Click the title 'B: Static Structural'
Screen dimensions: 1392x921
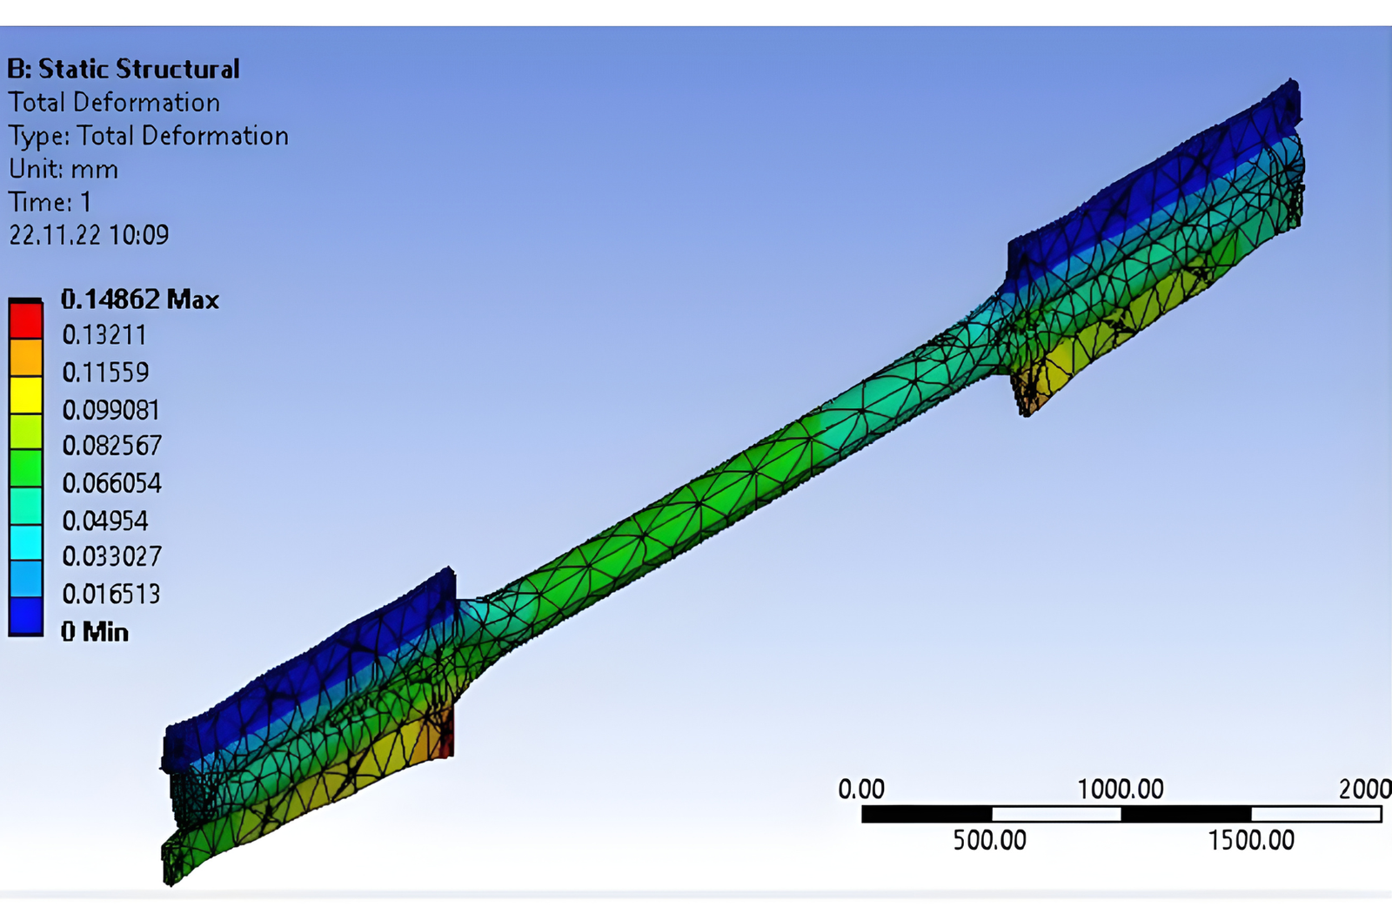(x=123, y=69)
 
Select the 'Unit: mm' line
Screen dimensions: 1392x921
(x=63, y=169)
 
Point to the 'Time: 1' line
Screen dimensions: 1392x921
(x=50, y=202)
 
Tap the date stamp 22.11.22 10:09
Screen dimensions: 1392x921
(x=89, y=235)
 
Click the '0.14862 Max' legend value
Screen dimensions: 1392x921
(x=140, y=299)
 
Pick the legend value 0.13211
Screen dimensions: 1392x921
(x=104, y=335)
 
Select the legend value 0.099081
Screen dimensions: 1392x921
(x=111, y=410)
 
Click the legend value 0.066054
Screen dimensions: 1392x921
(x=112, y=483)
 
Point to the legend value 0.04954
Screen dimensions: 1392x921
(x=105, y=521)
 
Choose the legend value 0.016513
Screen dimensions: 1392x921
(x=111, y=594)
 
